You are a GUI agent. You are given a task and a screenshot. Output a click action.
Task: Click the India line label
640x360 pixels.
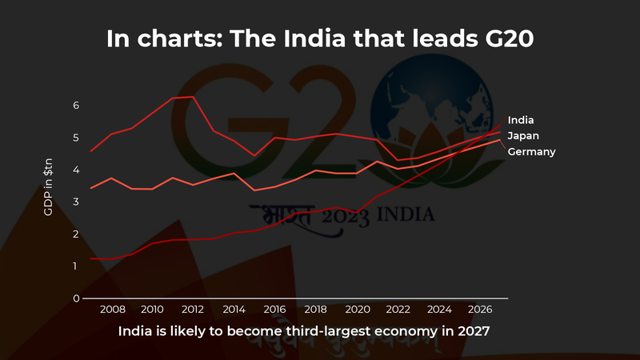[x=521, y=120]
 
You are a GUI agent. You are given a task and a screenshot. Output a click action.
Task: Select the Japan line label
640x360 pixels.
[x=523, y=136]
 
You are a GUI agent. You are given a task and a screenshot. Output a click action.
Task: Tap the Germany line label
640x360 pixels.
[x=531, y=151]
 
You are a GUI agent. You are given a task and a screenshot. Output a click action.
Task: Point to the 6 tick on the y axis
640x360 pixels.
[x=76, y=106]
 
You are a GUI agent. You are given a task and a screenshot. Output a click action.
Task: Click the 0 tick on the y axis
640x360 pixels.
[x=76, y=298]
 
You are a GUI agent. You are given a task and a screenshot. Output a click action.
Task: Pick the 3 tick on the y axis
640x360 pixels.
[x=76, y=202]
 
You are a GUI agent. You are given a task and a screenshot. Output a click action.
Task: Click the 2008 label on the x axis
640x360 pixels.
[x=111, y=310]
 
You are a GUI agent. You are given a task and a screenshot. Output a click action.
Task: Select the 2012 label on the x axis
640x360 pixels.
[x=193, y=310]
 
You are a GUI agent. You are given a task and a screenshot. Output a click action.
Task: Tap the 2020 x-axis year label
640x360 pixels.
[x=356, y=310]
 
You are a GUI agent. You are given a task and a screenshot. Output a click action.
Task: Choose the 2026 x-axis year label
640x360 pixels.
[x=479, y=310]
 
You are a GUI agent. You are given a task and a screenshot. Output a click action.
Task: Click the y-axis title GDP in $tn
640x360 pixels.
[x=49, y=187]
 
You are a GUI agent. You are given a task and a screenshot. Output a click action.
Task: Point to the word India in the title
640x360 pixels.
[x=267, y=38]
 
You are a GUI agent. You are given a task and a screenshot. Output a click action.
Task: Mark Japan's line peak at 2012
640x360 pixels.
[x=193, y=97]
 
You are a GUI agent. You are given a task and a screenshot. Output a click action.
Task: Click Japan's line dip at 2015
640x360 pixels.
[x=254, y=155]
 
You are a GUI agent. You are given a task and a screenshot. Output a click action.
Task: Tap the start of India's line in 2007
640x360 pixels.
[x=91, y=258]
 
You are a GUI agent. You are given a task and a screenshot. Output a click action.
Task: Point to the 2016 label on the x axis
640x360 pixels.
[x=274, y=310]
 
